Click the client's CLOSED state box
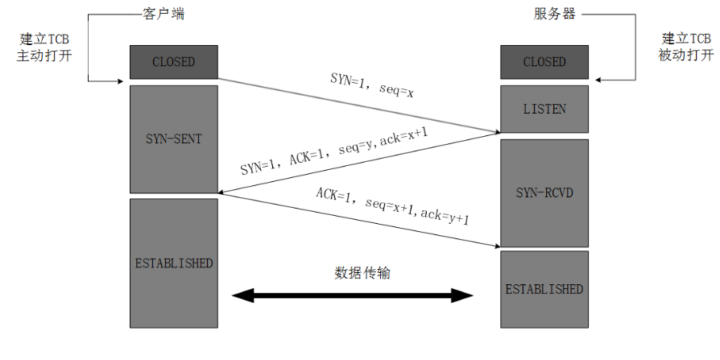[173, 61]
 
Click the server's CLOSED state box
[544, 61]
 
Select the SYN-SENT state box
[173, 139]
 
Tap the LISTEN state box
[544, 109]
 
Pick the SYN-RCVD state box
[544, 192]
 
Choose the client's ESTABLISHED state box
[173, 263]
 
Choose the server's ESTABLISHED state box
[544, 289]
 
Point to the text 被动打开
[686, 56]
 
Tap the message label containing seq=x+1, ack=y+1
[393, 207]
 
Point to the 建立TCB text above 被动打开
[686, 39]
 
